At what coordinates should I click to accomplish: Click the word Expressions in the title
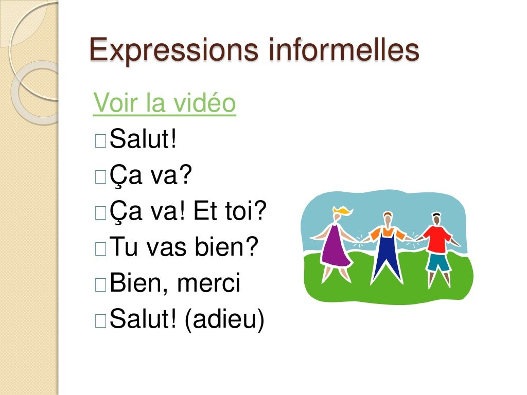(173, 51)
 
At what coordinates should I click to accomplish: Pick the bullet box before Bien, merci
(100, 284)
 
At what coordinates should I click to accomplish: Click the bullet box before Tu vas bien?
(100, 248)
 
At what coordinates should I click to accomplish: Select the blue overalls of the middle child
(388, 255)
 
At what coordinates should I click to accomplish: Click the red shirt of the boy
(436, 238)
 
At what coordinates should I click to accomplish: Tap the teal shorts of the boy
(438, 262)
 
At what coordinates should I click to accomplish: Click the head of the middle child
(388, 218)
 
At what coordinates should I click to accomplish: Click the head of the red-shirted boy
(436, 219)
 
